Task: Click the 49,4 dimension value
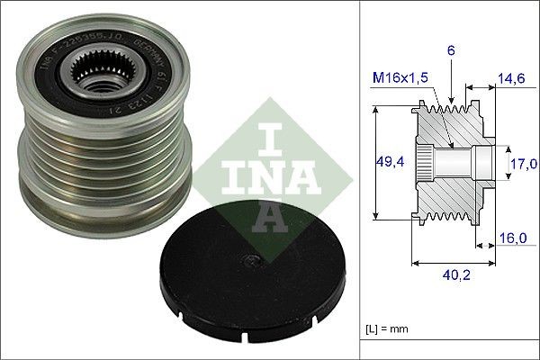[x=390, y=162]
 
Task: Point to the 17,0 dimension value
[x=525, y=163]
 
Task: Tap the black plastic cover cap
[x=244, y=278]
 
